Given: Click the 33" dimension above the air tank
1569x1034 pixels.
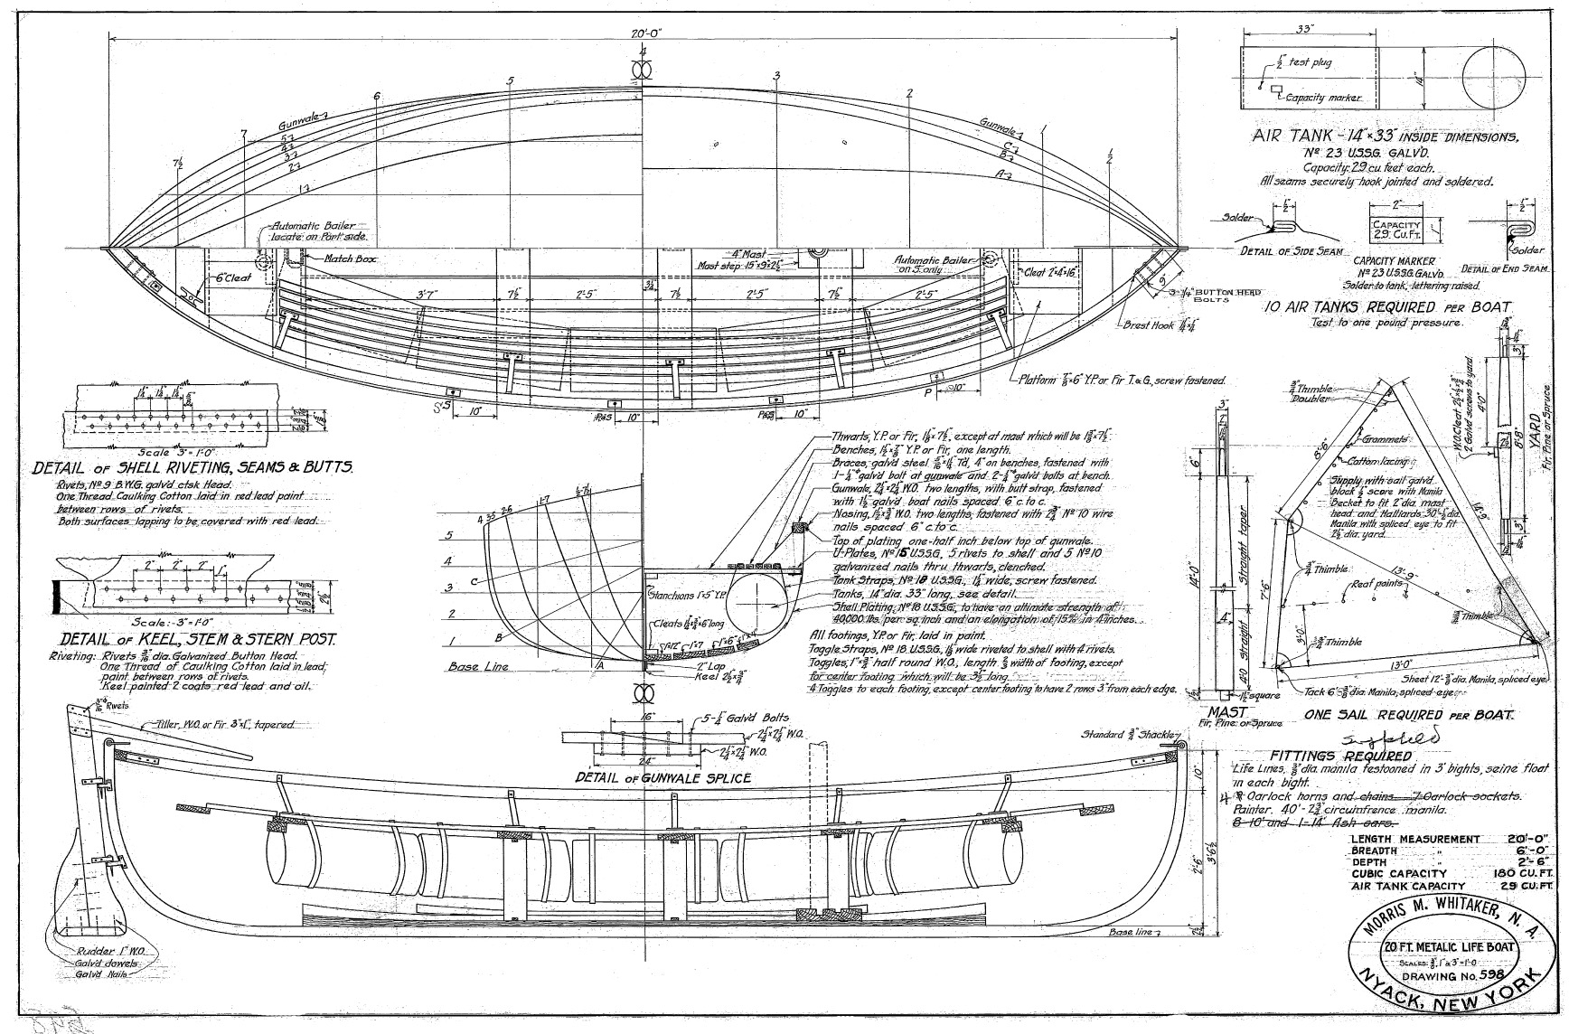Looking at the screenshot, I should point(1303,29).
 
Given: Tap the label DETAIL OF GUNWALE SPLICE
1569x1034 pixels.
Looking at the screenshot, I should point(662,777).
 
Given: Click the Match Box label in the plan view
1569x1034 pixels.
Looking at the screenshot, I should point(352,258).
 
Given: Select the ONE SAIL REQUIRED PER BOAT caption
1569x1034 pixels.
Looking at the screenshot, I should point(1409,714).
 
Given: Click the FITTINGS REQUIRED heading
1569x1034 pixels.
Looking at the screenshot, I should point(1340,756).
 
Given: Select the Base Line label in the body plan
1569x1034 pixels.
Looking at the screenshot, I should point(478,667).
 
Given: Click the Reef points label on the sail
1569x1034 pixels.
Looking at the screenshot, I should point(1377,584).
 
